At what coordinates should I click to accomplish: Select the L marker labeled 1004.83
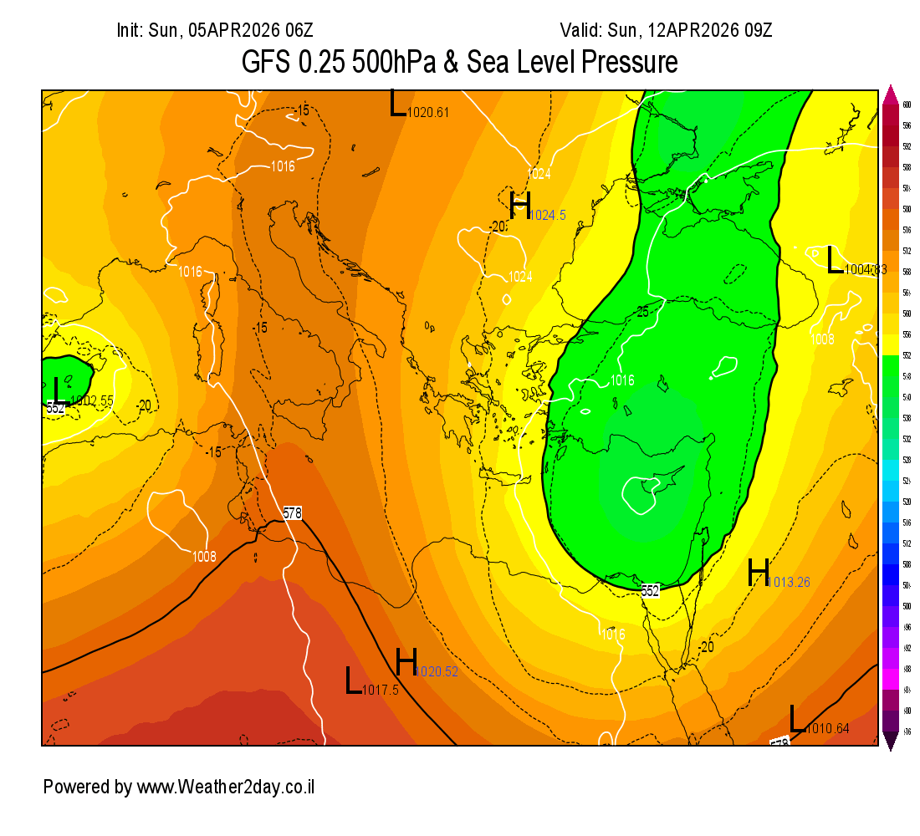834,260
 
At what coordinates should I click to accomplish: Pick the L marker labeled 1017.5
354,681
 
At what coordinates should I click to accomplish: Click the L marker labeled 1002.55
57,390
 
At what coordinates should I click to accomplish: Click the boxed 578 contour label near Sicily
292,513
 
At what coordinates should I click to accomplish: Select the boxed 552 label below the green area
651,590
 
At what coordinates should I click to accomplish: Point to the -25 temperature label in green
641,312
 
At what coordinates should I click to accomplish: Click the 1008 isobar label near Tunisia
204,557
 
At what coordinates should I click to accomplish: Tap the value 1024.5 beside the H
548,216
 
